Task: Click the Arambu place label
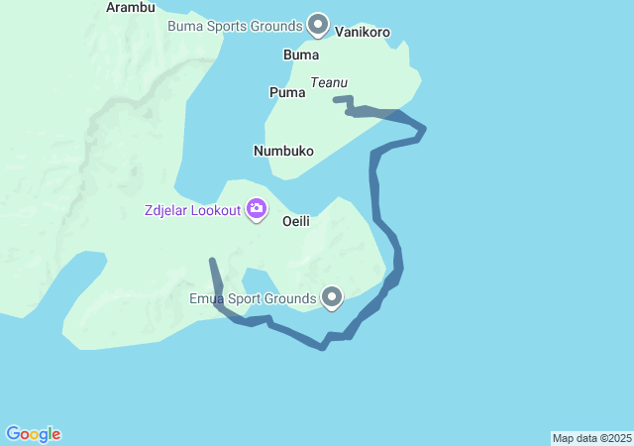click(x=130, y=7)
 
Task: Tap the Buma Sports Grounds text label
click(x=235, y=26)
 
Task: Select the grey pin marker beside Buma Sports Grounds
click(x=318, y=23)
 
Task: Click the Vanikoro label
click(x=363, y=32)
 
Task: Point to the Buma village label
click(x=301, y=55)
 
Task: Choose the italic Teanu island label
click(x=330, y=83)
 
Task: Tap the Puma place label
click(x=287, y=92)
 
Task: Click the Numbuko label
click(x=283, y=151)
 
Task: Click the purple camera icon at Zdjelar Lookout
click(x=257, y=208)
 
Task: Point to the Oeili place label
click(x=296, y=221)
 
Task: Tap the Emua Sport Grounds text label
click(x=253, y=297)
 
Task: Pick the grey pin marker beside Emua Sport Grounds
click(x=332, y=296)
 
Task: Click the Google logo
click(x=34, y=434)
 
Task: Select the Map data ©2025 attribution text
click(x=591, y=438)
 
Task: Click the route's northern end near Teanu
click(x=337, y=99)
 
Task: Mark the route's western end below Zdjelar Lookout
click(x=212, y=261)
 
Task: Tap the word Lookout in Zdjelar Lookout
click(x=215, y=209)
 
